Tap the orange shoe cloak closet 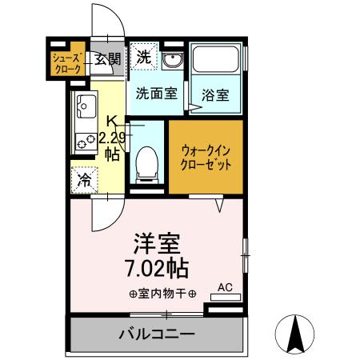click(66, 63)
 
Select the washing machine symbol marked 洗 click(144, 56)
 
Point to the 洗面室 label click(156, 93)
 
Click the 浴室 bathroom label click(216, 94)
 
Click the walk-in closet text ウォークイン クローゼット click(206, 156)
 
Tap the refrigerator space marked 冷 click(84, 181)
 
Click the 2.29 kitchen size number click(112, 138)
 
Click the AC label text click(225, 286)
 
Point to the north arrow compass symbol click(295, 333)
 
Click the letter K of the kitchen click(112, 122)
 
